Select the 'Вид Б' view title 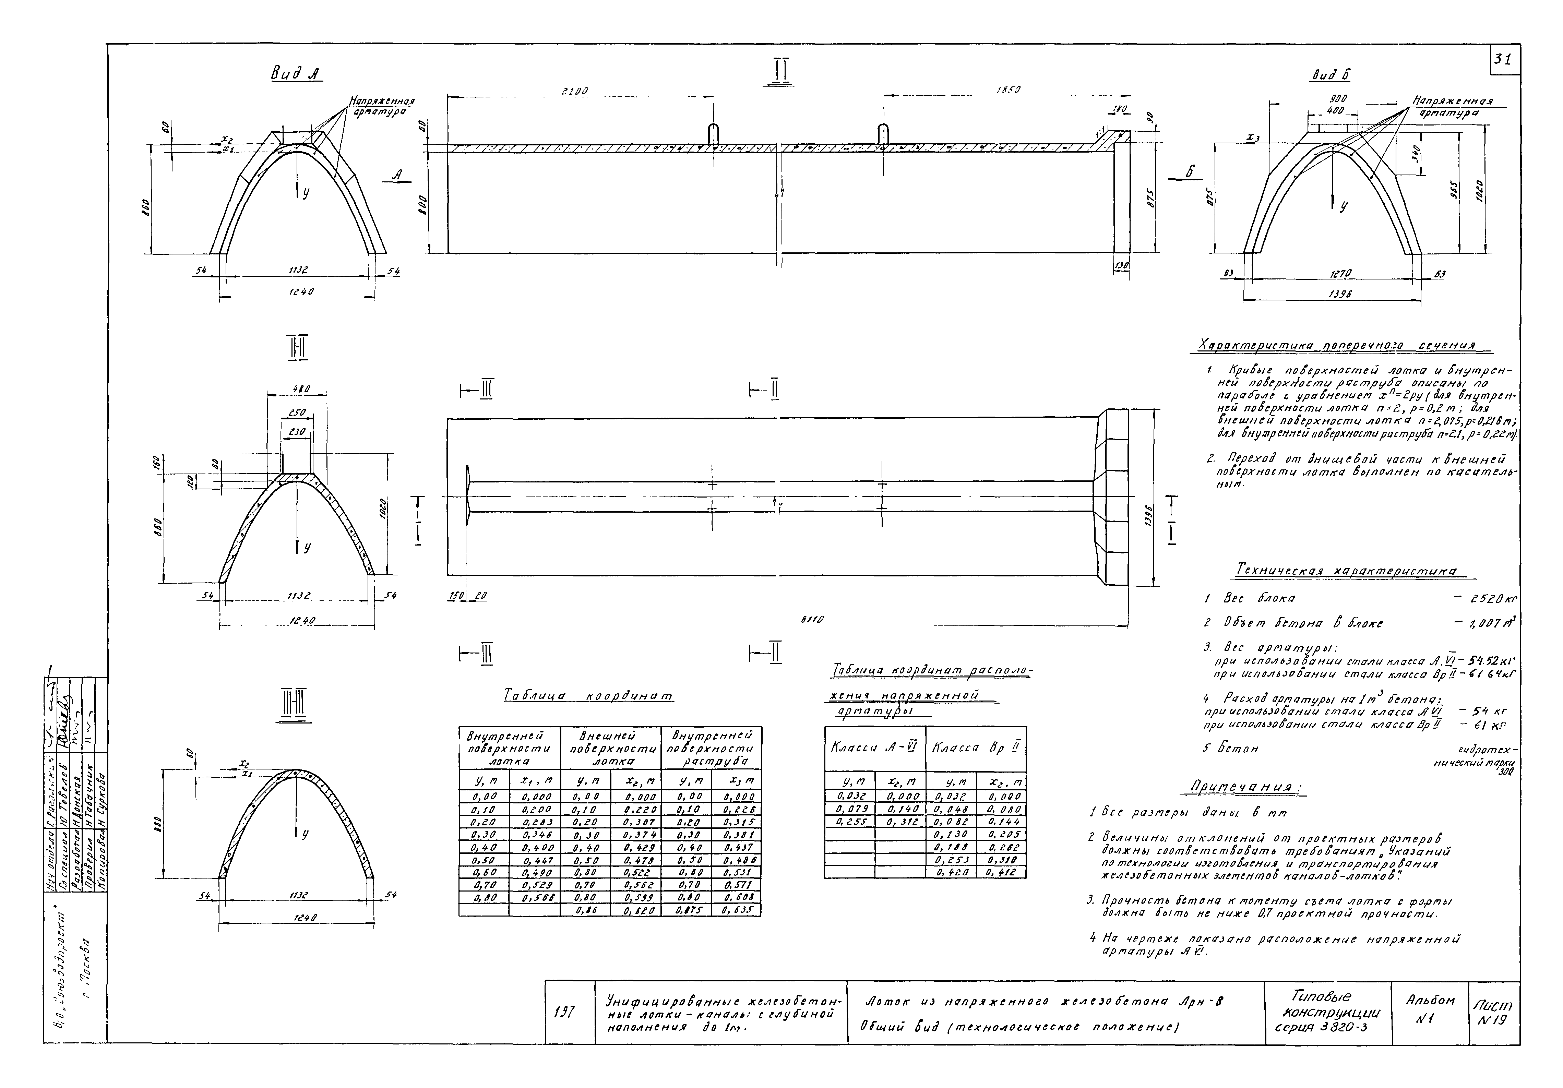(x=1330, y=75)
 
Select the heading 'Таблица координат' (x=589, y=696)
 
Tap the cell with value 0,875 (x=686, y=910)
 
